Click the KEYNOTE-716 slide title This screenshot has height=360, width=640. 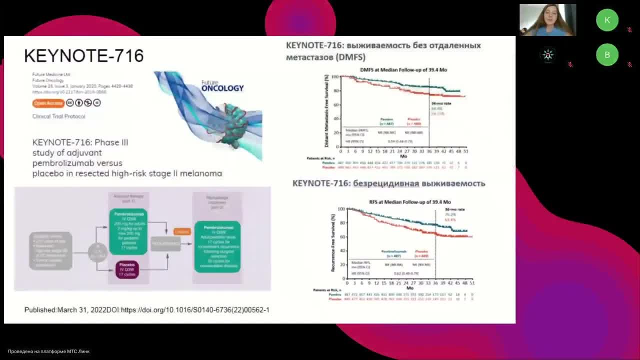pyautogui.click(x=83, y=55)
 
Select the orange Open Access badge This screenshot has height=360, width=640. pyautogui.click(x=48, y=103)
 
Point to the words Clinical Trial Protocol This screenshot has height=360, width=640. pyautogui.click(x=59, y=116)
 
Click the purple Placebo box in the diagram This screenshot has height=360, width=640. pyautogui.click(x=127, y=270)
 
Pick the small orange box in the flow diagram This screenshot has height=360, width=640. pyautogui.click(x=182, y=231)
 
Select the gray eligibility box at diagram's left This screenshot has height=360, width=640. pyautogui.click(x=50, y=250)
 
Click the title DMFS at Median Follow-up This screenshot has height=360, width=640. pyautogui.click(x=403, y=70)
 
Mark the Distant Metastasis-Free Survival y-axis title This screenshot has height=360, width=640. pyautogui.click(x=327, y=111)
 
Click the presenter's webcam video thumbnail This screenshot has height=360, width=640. pyautogui.click(x=547, y=20)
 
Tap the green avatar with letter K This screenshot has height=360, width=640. pyautogui.click(x=607, y=20)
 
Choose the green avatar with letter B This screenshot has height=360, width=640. pyautogui.click(x=607, y=55)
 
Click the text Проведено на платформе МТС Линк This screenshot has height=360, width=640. pyautogui.click(x=48, y=351)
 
